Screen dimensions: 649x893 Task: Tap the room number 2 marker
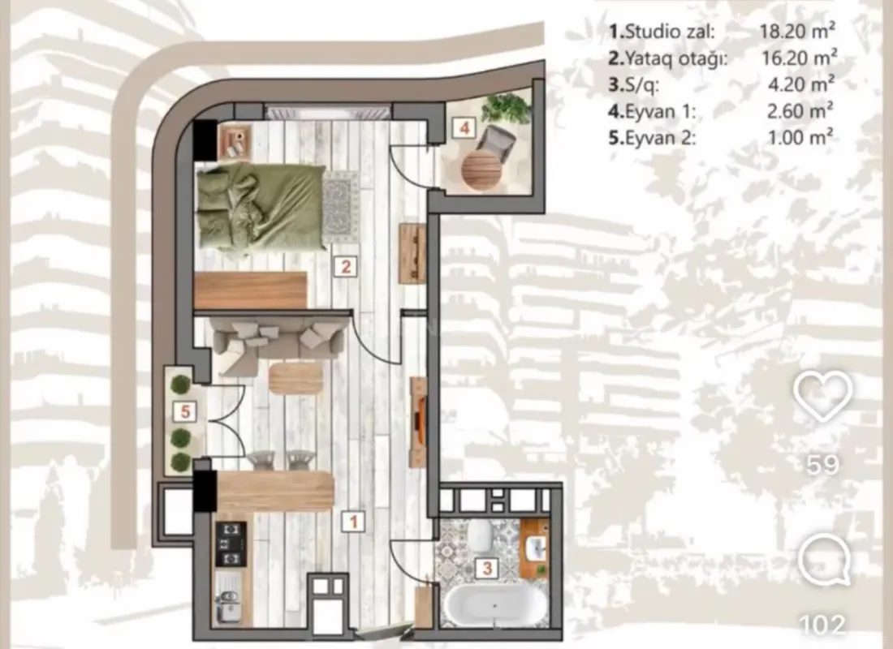tap(345, 266)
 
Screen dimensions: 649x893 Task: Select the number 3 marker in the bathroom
tap(486, 569)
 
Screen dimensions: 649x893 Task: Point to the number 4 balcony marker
tap(464, 127)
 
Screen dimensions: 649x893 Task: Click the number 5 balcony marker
tap(186, 412)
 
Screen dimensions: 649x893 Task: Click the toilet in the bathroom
tap(479, 535)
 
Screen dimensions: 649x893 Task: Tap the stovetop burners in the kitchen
tap(230, 544)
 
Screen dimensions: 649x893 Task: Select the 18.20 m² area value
tap(796, 32)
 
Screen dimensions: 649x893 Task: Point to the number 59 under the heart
tap(823, 465)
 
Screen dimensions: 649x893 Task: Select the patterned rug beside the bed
tap(341, 207)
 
